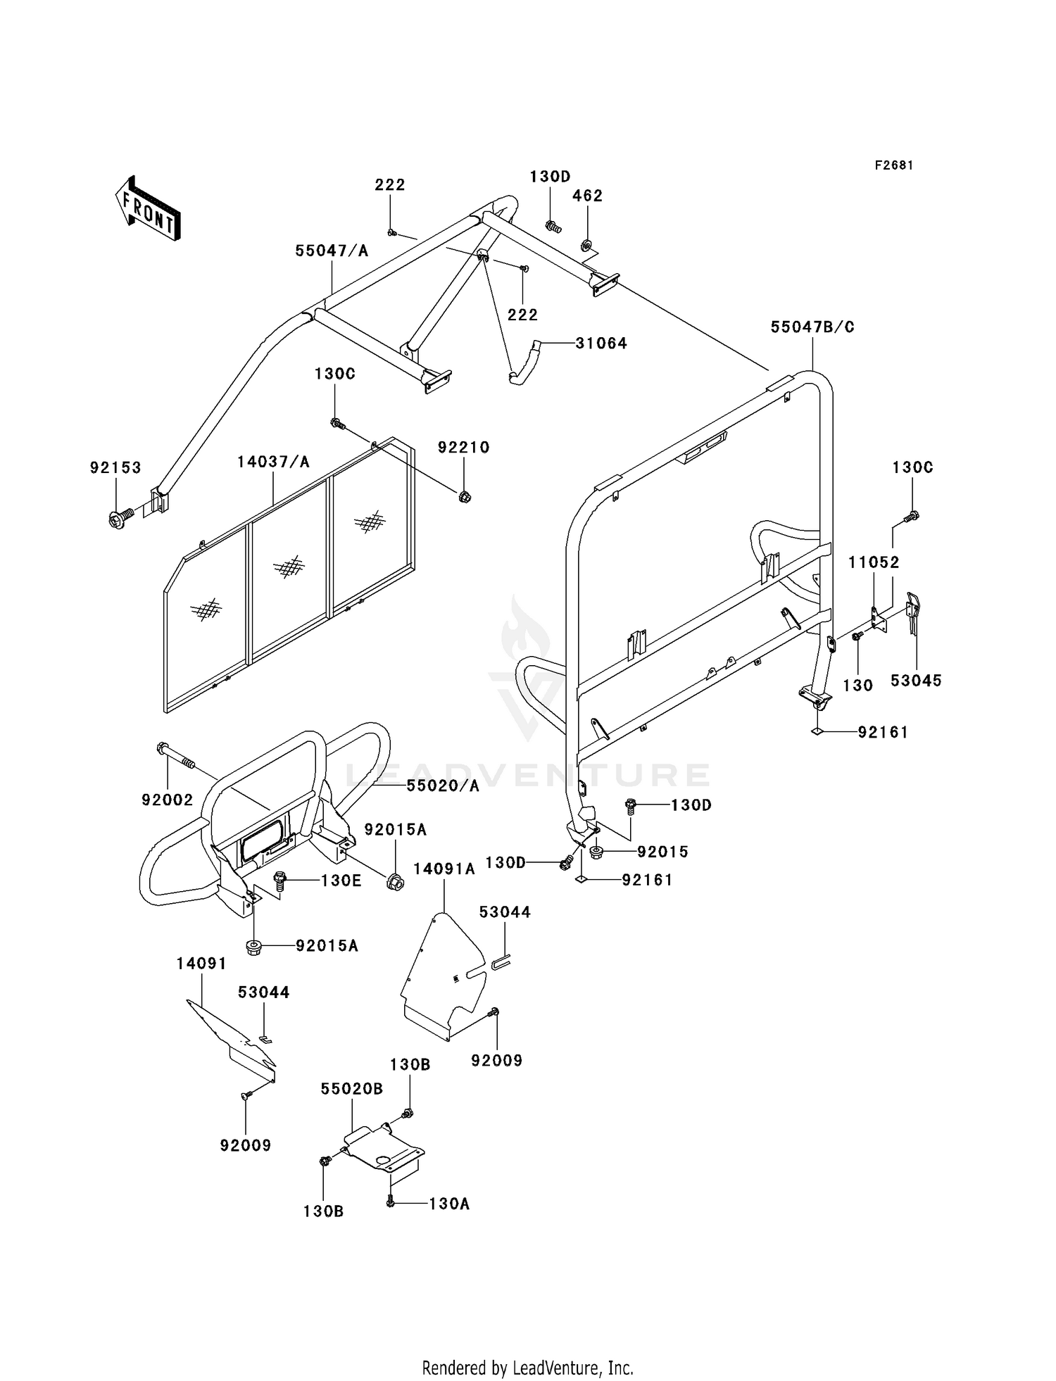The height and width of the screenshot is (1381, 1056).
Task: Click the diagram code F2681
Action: pyautogui.click(x=894, y=165)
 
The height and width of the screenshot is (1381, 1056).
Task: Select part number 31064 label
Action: pyautogui.click(x=601, y=343)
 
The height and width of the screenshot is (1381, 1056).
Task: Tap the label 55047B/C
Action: pyautogui.click(x=812, y=327)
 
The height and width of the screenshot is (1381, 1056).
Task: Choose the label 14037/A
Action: pyautogui.click(x=273, y=462)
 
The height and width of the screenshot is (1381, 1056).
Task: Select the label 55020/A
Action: pyautogui.click(x=443, y=786)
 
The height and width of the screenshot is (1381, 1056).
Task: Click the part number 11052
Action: pyautogui.click(x=874, y=562)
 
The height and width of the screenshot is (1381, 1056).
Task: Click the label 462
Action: pyautogui.click(x=587, y=196)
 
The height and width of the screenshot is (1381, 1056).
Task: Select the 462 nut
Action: pyautogui.click(x=585, y=246)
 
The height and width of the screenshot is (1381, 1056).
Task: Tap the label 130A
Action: pyautogui.click(x=449, y=1204)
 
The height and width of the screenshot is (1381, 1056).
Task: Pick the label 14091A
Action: pyautogui.click(x=444, y=869)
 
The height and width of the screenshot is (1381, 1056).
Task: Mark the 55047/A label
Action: pyautogui.click(x=332, y=251)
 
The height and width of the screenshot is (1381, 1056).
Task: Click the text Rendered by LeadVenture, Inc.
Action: pyautogui.click(x=528, y=1368)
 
